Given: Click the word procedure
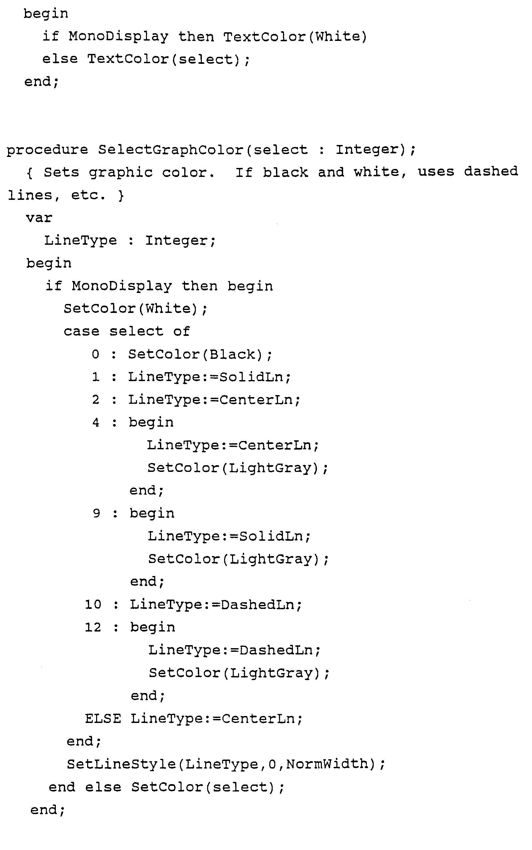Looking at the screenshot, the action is pyautogui.click(x=47, y=150).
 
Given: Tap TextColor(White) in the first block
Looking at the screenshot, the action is pyautogui.click(x=295, y=37).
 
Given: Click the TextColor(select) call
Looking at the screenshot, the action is pyautogui.click(x=168, y=59).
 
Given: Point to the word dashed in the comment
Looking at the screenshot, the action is pyautogui.click(x=490, y=171).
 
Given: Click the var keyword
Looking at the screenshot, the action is pyautogui.click(x=39, y=218).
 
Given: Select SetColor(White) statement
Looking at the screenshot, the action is pyautogui.click(x=135, y=309).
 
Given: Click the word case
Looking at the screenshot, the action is pyautogui.click(x=82, y=331).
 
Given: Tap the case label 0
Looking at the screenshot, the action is pyautogui.click(x=95, y=354).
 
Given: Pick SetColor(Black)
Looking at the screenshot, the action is pyautogui.click(x=200, y=354).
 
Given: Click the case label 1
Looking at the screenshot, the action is pyautogui.click(x=95, y=377).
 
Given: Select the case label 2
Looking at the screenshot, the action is pyautogui.click(x=95, y=400).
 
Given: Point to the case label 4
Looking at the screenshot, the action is pyautogui.click(x=95, y=422).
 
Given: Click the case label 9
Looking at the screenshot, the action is pyautogui.click(x=96, y=513).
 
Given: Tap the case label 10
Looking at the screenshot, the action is pyautogui.click(x=93, y=605).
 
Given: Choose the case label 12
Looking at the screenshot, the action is pyautogui.click(x=93, y=627).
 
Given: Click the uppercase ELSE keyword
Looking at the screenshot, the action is pyautogui.click(x=103, y=718).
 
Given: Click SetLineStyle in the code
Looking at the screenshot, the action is pyautogui.click(x=121, y=764).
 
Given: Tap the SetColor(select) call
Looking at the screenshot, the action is pyautogui.click(x=207, y=787).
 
